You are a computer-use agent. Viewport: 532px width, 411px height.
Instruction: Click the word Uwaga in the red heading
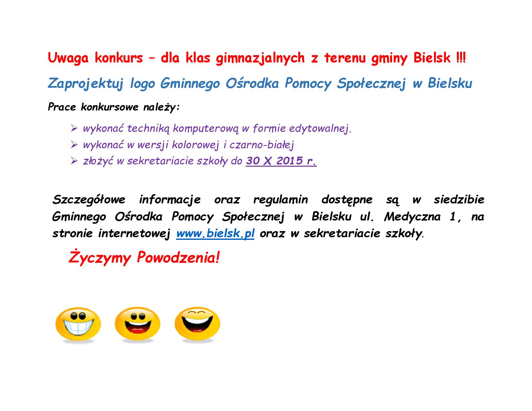coord(68,58)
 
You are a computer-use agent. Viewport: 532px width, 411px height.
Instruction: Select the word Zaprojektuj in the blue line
coord(85,83)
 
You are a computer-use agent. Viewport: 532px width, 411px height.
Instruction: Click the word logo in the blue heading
coord(143,83)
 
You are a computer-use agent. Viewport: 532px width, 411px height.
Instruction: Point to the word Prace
coord(62,107)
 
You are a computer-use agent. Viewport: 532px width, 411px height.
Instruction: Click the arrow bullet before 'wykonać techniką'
coord(74,128)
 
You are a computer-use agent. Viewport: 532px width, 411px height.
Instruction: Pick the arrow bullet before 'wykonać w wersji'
coord(74,145)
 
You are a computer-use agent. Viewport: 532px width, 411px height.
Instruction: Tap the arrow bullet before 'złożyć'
coord(74,161)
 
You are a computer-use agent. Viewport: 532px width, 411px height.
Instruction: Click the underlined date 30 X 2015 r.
coord(281,161)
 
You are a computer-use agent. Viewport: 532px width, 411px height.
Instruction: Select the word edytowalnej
coord(320,129)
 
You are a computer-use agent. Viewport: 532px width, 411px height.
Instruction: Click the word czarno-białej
coord(261,145)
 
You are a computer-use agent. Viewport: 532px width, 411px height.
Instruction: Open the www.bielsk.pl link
coord(215,233)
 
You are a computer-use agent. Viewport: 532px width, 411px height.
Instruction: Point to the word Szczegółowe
coord(89,200)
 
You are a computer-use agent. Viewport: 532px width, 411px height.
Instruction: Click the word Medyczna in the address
coord(412,217)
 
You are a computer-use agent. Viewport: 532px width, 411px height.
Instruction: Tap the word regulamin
coord(280,200)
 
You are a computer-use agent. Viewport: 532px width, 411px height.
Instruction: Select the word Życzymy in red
coord(100,258)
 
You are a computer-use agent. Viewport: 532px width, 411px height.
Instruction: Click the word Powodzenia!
coord(178,258)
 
